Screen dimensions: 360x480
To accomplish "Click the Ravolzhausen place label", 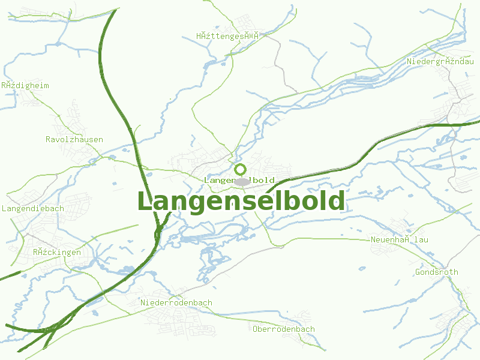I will point(74,140).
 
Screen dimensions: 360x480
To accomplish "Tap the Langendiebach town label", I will point(33,209).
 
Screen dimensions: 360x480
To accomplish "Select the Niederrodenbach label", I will point(176,303).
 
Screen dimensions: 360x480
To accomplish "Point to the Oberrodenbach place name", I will point(284,329).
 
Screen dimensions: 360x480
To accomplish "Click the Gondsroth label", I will point(437,272).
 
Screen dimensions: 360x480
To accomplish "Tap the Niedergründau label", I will point(440,62).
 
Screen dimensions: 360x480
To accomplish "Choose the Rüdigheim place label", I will point(25,86).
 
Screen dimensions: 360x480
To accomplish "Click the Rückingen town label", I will point(57,253).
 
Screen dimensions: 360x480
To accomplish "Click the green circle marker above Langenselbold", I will point(240,169).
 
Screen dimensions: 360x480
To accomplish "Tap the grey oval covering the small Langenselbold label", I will point(242,181).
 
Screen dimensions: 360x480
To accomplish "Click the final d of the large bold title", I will point(337,201).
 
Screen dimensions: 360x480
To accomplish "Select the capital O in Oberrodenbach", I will point(256,329).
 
